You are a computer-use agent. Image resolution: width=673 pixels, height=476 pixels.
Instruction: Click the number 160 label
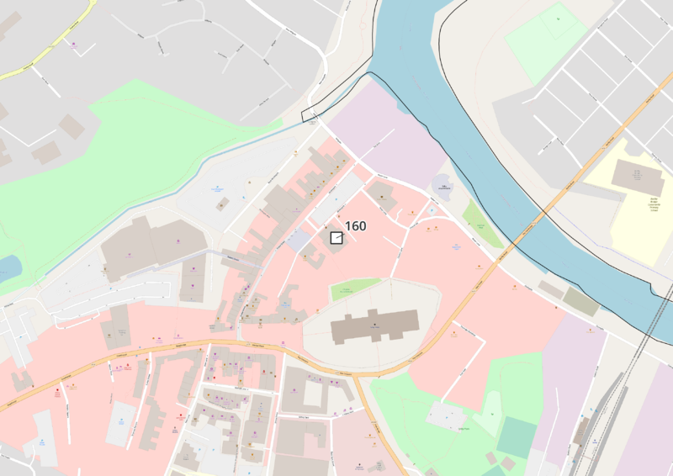pos(356,226)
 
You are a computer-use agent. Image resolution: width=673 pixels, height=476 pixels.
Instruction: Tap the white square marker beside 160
pos(336,238)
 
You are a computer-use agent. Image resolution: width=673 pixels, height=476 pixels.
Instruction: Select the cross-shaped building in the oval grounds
pos(375,325)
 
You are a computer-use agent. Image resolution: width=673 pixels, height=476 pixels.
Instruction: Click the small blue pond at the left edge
pos(8,267)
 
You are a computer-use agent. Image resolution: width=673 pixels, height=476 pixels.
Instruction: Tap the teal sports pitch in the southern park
pos(516,437)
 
